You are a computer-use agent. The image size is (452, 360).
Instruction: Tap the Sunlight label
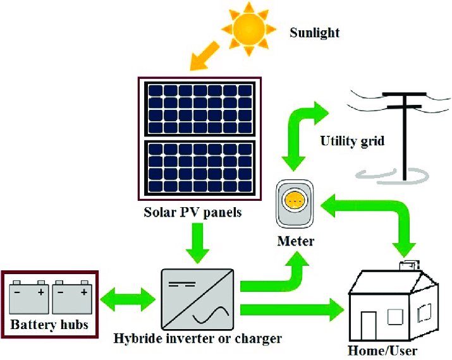[x=314, y=32]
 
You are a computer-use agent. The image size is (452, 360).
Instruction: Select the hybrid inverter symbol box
[x=197, y=297]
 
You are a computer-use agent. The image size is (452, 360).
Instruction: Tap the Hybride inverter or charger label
[x=198, y=339]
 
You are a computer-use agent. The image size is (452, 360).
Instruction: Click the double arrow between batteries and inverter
[x=127, y=296]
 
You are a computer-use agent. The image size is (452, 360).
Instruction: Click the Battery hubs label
[x=49, y=326]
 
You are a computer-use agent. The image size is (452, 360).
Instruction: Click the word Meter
[x=295, y=241]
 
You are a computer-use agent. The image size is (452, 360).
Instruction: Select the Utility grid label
[x=352, y=140]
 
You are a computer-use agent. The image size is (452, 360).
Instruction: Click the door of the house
[x=369, y=324]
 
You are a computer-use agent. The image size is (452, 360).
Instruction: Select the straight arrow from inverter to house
[x=291, y=310]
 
